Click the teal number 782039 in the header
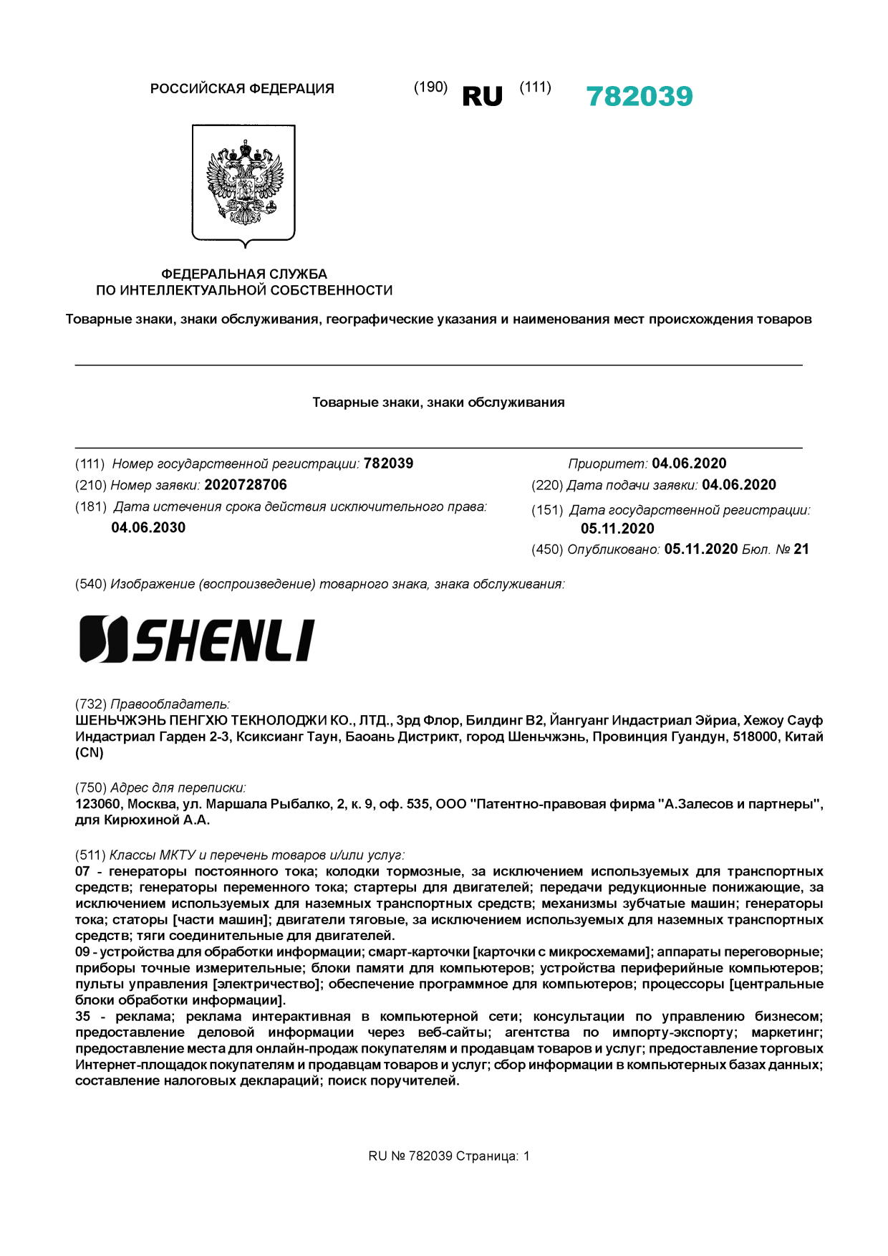(x=639, y=97)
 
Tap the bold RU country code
(x=482, y=97)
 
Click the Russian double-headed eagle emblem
(x=243, y=183)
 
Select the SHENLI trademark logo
(x=196, y=638)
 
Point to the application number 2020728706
(x=246, y=485)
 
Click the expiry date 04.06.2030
(x=148, y=528)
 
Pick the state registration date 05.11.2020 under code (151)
(x=617, y=529)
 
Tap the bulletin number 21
(x=801, y=550)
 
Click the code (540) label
(x=91, y=585)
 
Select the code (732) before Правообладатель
(x=91, y=704)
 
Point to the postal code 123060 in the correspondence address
(x=98, y=804)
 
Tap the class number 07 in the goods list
(x=83, y=872)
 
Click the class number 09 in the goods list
(x=83, y=952)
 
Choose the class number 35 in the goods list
(x=83, y=1017)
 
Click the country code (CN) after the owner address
(x=90, y=753)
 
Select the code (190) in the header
(x=430, y=87)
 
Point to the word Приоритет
(x=607, y=464)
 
